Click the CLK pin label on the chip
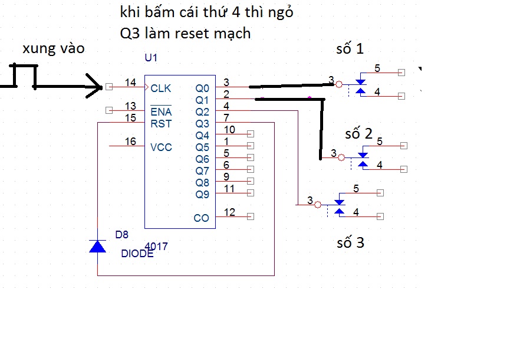click(160, 88)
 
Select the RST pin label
click(160, 123)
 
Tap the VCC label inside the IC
click(161, 147)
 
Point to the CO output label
click(201, 218)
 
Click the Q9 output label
click(202, 194)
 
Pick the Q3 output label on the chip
click(202, 123)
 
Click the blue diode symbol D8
click(97, 246)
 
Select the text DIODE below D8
click(137, 254)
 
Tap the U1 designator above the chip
click(151, 58)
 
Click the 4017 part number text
click(157, 247)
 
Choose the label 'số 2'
click(359, 134)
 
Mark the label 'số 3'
click(350, 242)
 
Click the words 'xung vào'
click(54, 49)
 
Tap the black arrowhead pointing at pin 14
click(96, 86)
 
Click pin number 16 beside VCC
click(130, 142)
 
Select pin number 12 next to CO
click(229, 212)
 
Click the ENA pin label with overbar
click(160, 111)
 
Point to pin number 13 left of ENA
click(130, 106)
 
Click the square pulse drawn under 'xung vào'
click(25, 76)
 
